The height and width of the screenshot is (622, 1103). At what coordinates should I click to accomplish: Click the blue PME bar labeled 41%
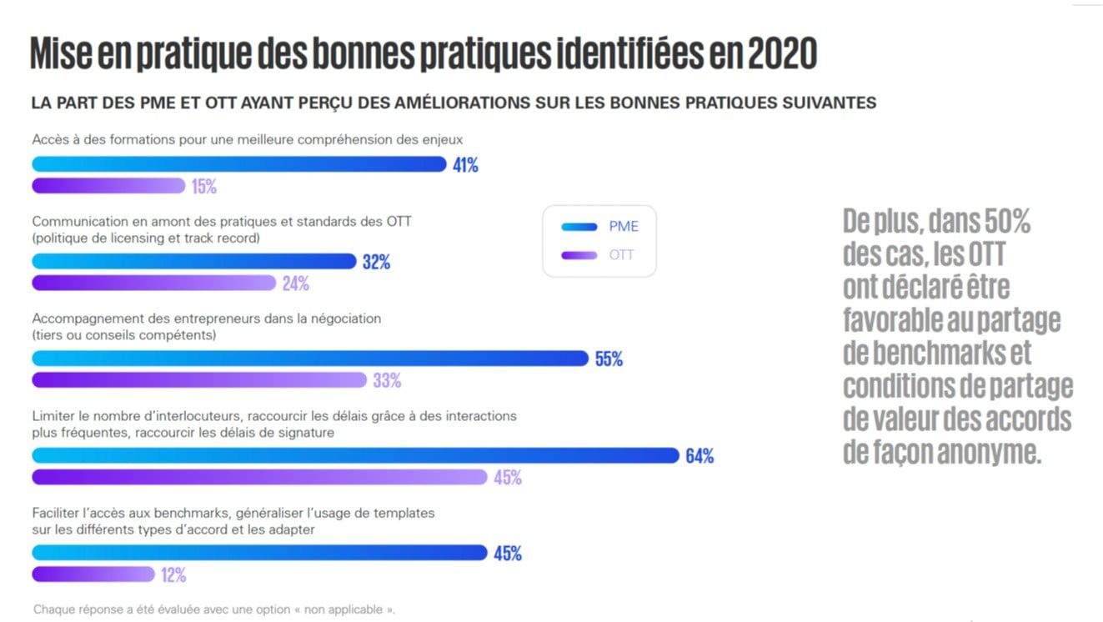[239, 164]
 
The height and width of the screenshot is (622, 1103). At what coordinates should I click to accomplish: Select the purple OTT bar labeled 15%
[108, 186]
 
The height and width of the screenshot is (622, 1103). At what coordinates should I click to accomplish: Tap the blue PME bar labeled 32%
[193, 262]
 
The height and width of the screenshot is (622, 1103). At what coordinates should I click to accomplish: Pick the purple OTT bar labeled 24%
[153, 283]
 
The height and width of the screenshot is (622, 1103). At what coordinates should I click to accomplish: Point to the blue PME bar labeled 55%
[310, 359]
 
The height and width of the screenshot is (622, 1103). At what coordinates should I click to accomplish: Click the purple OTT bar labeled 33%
[199, 380]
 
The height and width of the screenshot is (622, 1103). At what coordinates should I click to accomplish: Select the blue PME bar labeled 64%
[356, 456]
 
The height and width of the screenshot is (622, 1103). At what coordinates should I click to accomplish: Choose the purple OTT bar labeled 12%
[93, 574]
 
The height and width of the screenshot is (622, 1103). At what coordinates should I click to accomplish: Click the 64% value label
[699, 457]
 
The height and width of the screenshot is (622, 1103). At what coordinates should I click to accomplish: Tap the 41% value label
[465, 165]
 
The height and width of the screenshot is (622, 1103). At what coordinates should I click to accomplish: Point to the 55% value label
[609, 359]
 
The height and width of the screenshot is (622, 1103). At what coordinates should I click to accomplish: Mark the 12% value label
[173, 575]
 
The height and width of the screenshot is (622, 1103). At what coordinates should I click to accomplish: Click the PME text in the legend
[624, 227]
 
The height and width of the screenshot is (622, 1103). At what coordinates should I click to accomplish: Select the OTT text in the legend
[622, 255]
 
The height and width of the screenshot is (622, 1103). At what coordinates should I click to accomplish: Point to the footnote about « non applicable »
[214, 609]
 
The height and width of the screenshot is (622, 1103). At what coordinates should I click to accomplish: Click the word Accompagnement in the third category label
[80, 319]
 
